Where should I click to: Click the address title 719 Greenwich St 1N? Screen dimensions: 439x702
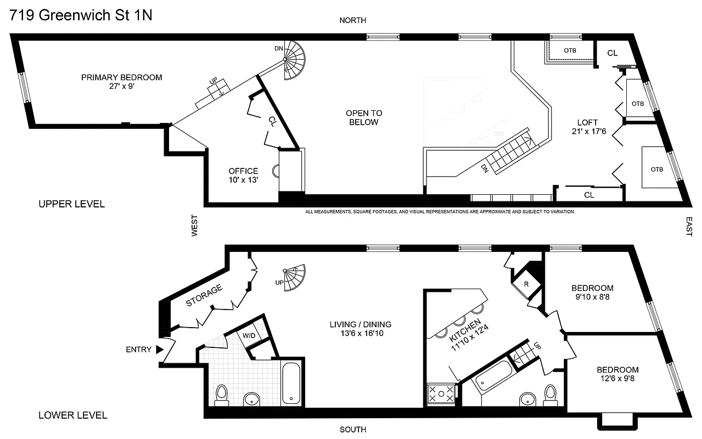click(81, 15)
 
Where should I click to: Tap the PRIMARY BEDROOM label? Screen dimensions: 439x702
click(121, 82)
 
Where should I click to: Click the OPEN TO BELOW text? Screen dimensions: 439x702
click(363, 117)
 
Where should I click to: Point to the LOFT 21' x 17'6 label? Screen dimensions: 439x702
click(587, 127)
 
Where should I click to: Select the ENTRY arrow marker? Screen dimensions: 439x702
click(160, 350)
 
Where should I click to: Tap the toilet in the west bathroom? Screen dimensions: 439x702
click(222, 395)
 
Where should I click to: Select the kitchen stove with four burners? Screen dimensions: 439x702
click(441, 394)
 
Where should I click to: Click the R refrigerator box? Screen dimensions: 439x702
click(526, 284)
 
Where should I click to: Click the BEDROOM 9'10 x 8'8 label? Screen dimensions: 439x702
click(592, 292)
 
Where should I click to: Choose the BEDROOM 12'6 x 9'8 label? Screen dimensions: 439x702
click(617, 374)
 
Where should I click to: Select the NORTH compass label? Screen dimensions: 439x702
click(352, 20)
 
